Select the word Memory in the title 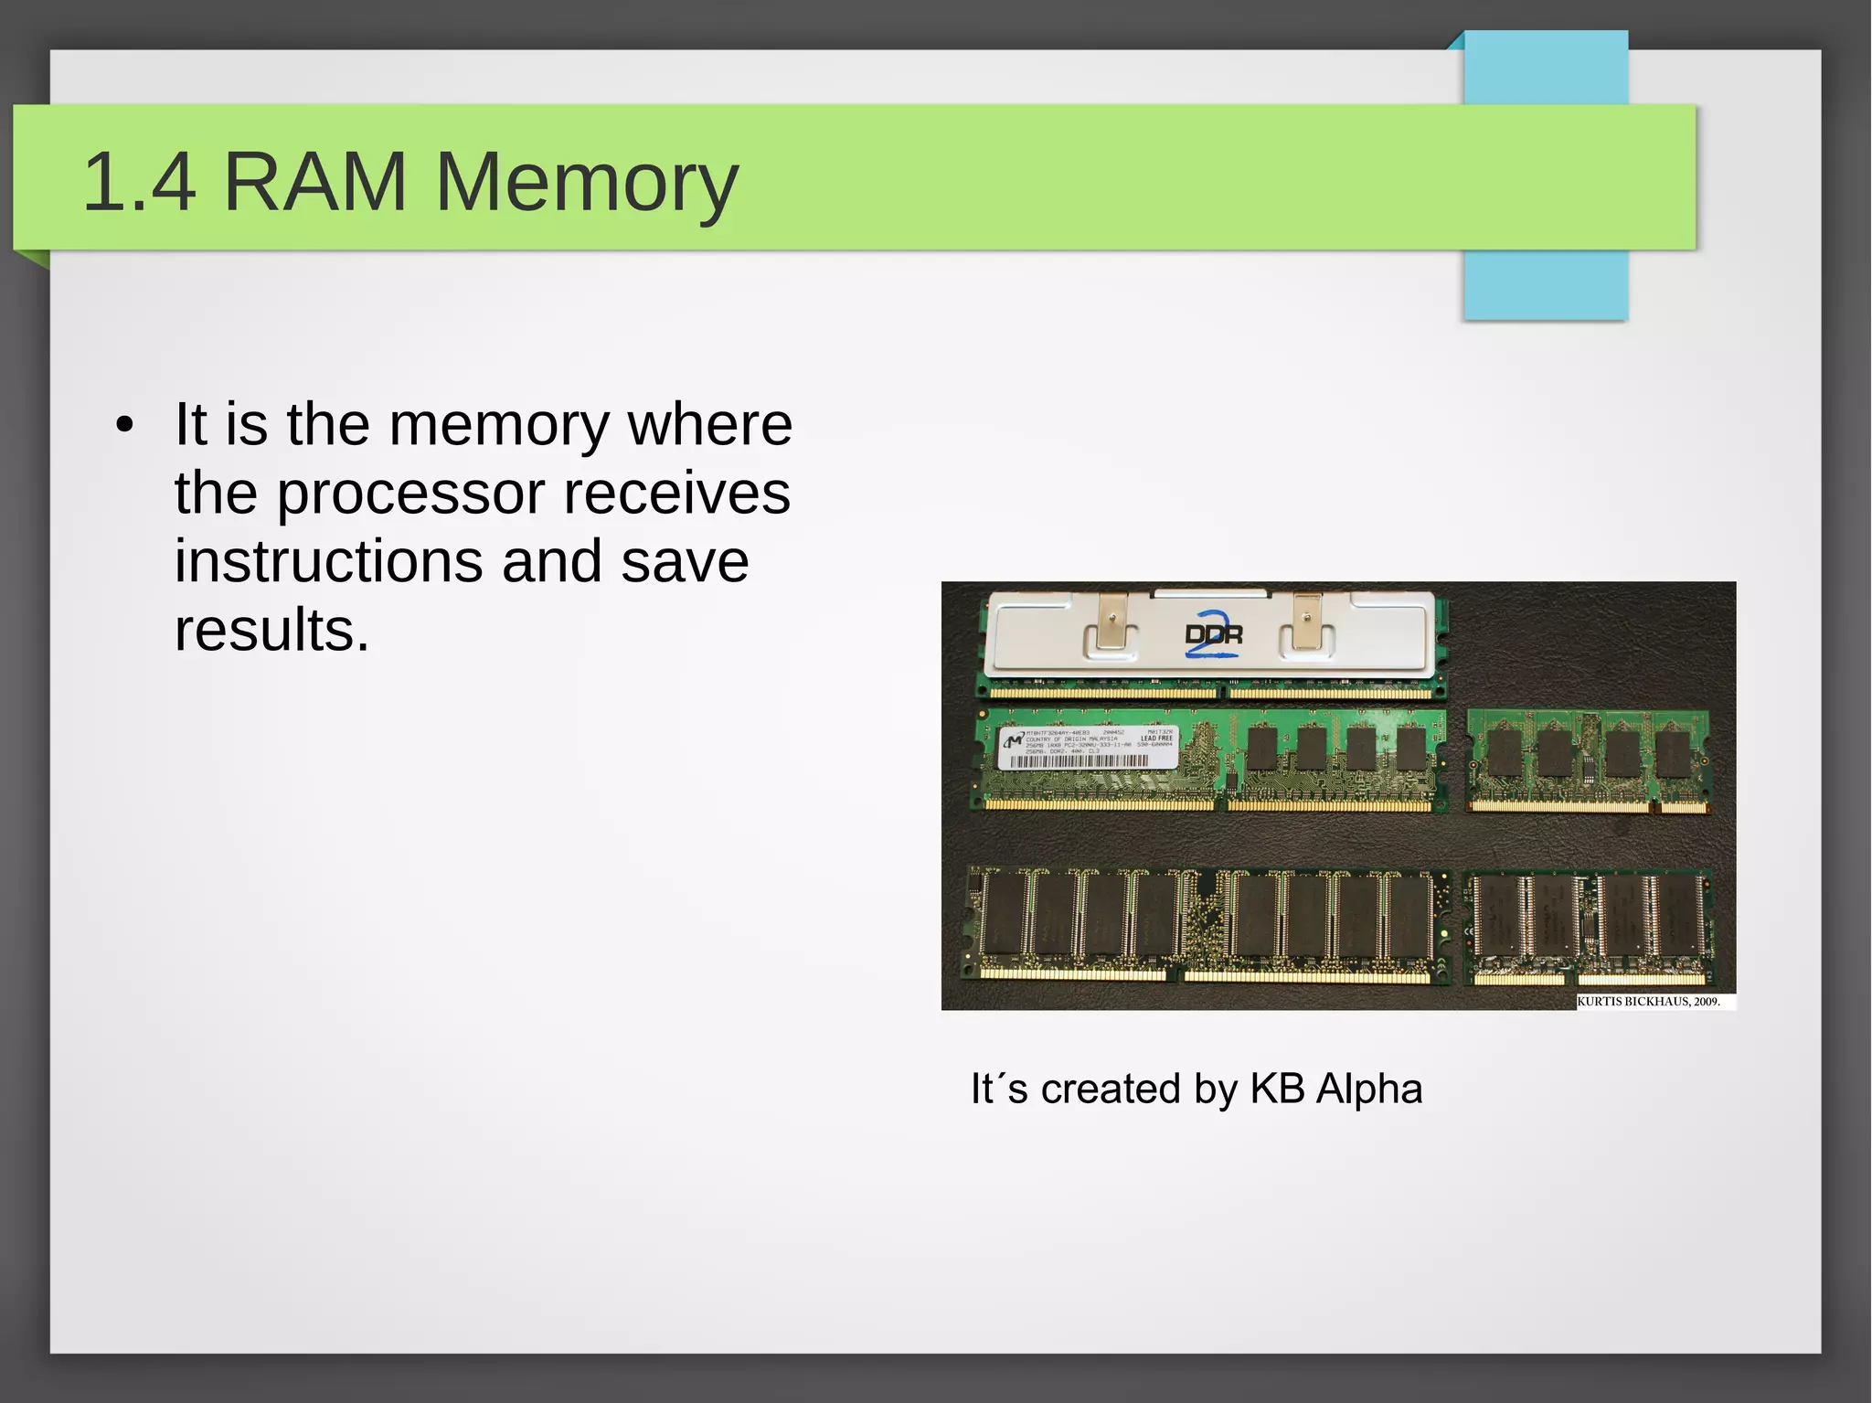coord(586,184)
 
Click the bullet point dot coord(125,426)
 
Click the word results coord(271,631)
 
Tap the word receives coord(676,494)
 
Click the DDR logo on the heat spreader coord(1213,633)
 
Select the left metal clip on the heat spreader coord(1111,622)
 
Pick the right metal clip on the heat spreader coord(1307,622)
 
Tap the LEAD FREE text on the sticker coord(1156,739)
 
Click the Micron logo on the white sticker coord(1013,739)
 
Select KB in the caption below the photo coord(1277,1089)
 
